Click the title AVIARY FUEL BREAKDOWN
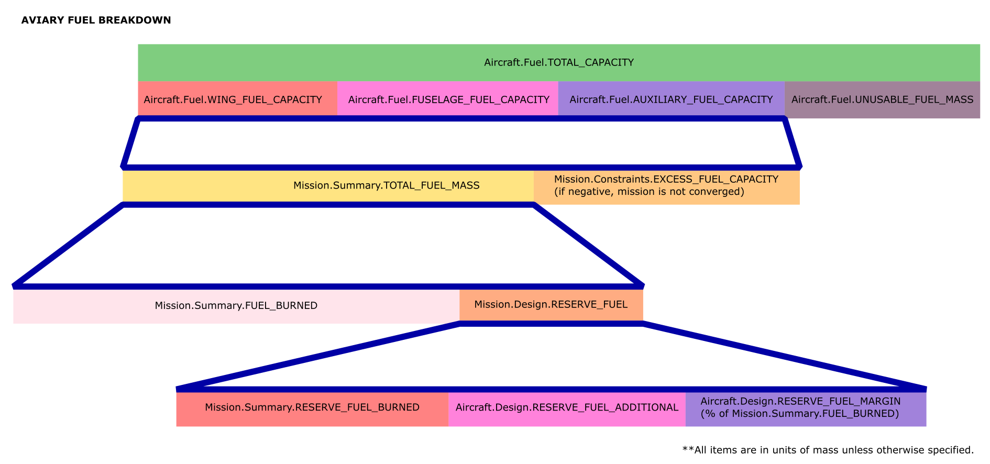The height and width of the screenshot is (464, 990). click(x=96, y=20)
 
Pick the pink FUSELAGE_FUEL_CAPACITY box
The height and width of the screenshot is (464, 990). click(x=448, y=100)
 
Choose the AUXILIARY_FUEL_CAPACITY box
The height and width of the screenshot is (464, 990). click(x=671, y=100)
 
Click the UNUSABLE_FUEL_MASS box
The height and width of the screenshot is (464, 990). click(x=882, y=100)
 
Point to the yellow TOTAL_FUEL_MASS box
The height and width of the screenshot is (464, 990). click(x=328, y=186)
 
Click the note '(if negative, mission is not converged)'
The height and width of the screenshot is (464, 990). click(x=649, y=192)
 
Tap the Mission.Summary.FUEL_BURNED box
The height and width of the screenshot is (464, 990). click(x=236, y=306)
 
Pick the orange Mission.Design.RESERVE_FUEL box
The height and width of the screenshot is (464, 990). click(x=551, y=305)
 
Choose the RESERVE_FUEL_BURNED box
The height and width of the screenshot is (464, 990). click(x=312, y=408)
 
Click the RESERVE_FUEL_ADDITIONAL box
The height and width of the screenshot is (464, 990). click(x=567, y=408)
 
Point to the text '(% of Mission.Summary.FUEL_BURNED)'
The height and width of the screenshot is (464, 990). click(x=799, y=414)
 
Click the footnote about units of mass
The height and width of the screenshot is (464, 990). click(x=828, y=450)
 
